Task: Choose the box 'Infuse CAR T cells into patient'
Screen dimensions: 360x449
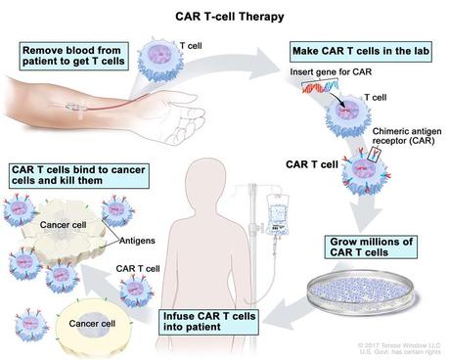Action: pyautogui.click(x=215, y=319)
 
